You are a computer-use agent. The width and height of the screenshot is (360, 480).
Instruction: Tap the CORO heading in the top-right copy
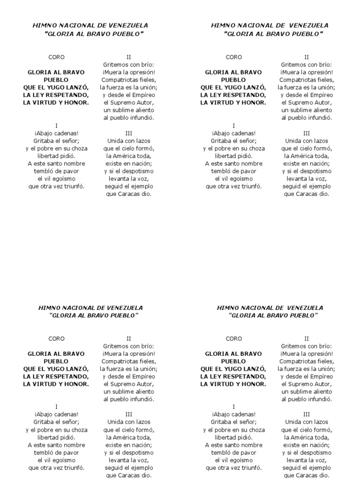(x=234, y=57)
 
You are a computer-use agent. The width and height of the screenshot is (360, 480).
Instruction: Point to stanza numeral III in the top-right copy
(x=307, y=133)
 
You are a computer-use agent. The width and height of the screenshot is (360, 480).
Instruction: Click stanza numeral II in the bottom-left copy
(x=129, y=338)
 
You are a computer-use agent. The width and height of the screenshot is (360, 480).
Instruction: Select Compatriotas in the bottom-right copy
(x=297, y=361)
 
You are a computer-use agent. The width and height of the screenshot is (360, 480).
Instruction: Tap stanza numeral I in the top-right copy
(x=234, y=126)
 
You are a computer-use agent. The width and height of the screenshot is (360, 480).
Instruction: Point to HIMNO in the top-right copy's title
(x=222, y=25)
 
